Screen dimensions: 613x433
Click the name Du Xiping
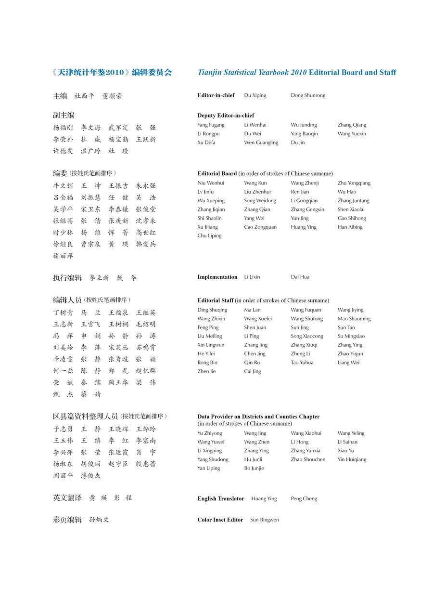(255, 95)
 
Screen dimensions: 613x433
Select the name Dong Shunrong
(308, 95)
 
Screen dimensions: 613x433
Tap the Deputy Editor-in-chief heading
(226, 116)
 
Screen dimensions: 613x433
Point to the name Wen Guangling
(261, 143)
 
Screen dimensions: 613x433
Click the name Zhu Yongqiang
(354, 183)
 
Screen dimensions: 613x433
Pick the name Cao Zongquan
(260, 227)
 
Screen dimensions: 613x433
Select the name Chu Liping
(209, 236)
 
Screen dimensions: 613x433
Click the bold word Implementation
(217, 277)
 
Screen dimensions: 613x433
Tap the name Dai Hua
(300, 277)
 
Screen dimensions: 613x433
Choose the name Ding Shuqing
(212, 310)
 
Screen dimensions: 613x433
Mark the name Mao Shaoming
(354, 319)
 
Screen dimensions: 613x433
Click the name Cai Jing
(253, 372)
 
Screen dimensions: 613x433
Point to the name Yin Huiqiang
(352, 459)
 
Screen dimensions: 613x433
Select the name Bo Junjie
(254, 468)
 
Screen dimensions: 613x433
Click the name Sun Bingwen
(265, 520)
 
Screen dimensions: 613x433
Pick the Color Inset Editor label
(220, 520)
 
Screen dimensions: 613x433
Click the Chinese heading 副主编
(64, 115)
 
